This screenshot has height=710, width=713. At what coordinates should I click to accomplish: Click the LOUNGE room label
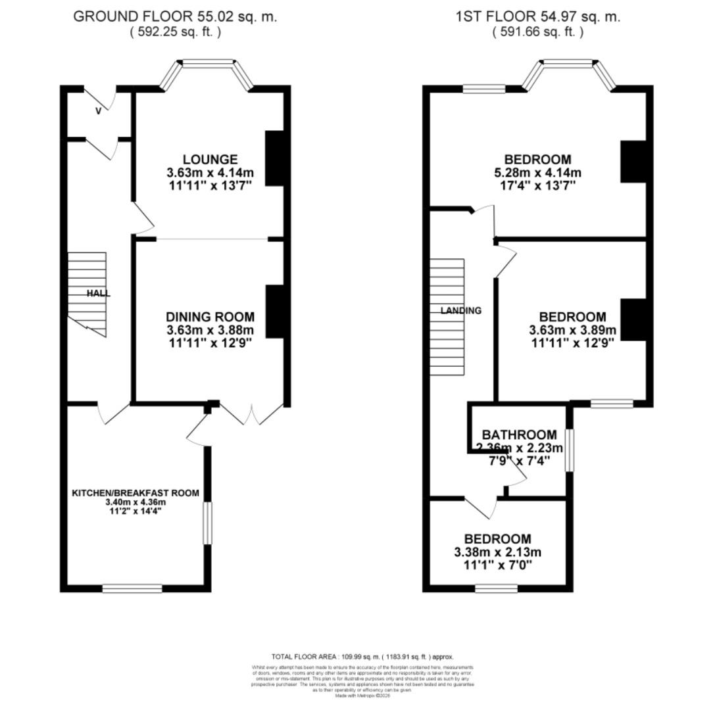[x=210, y=160]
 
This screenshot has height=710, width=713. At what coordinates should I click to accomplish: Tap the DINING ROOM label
[x=210, y=317]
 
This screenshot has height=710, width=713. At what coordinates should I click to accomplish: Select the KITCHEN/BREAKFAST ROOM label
[x=135, y=493]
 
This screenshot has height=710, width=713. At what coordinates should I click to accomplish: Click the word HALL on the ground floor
[x=99, y=294]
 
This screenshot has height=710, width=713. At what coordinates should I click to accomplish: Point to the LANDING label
[x=461, y=311]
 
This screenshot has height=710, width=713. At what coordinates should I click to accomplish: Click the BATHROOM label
[x=519, y=435]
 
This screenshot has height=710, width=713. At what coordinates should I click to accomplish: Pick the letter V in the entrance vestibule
[x=99, y=111]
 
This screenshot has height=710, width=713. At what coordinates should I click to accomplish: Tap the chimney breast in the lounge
[x=276, y=158]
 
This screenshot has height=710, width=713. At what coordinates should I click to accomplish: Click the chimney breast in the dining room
[x=276, y=312]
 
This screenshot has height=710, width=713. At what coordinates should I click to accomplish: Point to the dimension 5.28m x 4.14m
[x=539, y=173]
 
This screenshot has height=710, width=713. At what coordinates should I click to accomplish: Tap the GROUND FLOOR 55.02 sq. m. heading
[x=175, y=16]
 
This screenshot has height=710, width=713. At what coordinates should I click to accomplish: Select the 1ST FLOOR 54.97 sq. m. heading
[x=537, y=16]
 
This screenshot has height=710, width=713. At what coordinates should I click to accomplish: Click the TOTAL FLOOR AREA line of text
[x=362, y=657]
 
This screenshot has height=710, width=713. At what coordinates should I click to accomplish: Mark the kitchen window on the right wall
[x=208, y=523]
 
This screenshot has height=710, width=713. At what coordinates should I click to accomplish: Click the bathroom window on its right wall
[x=570, y=450]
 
